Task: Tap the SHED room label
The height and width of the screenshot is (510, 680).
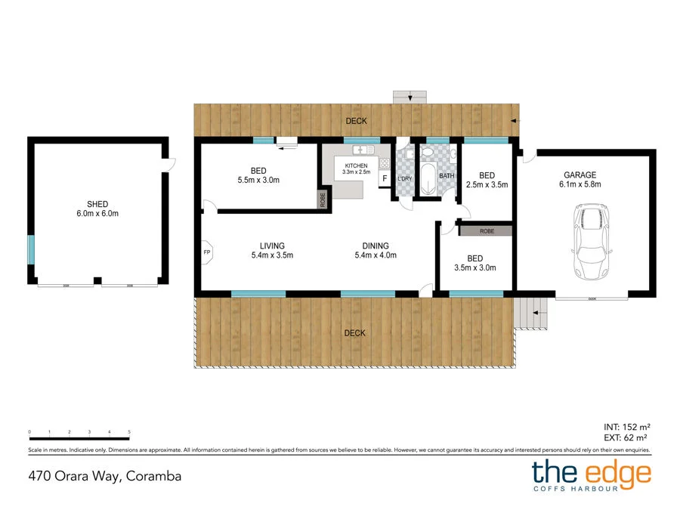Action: pos(97,204)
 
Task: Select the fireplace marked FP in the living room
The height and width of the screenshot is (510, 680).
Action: pos(207,252)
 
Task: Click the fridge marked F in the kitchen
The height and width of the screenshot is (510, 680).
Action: pos(384,178)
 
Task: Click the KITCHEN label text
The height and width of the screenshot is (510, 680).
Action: pos(357,165)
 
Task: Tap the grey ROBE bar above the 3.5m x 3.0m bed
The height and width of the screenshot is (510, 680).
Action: pos(486,231)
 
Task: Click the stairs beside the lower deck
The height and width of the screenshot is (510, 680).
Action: pos(532,312)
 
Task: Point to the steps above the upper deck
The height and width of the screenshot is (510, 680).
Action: pos(410,97)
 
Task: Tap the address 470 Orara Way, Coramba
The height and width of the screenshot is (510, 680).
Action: pos(105,476)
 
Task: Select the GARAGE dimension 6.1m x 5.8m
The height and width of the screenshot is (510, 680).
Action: pos(580,184)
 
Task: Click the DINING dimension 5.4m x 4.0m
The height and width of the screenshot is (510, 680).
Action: pos(376,255)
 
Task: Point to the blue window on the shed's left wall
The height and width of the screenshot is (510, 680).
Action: pos(31,249)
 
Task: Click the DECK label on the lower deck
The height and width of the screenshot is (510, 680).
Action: pos(355,332)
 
